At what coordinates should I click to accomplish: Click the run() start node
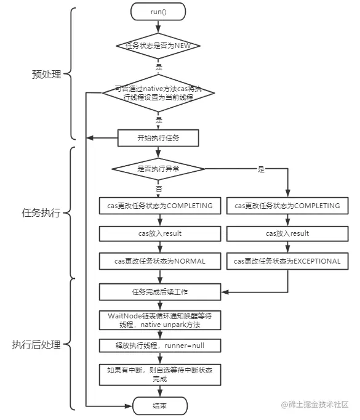coord(159,12)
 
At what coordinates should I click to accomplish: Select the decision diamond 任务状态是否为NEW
coord(159,46)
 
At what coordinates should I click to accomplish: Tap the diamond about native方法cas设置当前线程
coord(159,93)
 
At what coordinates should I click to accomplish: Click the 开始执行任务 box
coord(159,137)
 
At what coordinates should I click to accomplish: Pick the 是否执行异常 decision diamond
coord(159,168)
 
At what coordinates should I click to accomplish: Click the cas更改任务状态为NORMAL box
coord(159,261)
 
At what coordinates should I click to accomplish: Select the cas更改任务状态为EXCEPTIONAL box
coord(287,261)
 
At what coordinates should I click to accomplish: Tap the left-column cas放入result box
coord(159,233)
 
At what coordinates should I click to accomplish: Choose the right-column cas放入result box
coord(287,233)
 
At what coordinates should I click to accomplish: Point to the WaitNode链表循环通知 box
coord(159,320)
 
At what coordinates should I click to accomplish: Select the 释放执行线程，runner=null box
coord(159,346)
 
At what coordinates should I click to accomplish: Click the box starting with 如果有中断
coord(159,374)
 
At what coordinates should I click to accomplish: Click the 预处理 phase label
coord(47,75)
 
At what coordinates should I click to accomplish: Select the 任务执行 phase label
coord(42,213)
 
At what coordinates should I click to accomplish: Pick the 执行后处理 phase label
coord(36,344)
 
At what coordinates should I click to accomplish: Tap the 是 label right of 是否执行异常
coord(260,168)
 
